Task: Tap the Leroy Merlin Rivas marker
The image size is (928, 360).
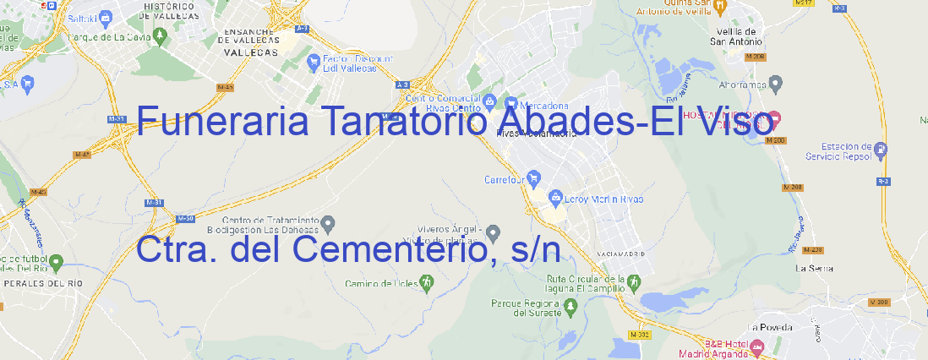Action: pyautogui.click(x=555, y=199)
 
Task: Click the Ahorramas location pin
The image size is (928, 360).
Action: pyautogui.click(x=777, y=83)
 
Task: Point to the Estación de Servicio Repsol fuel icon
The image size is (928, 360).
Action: pyautogui.click(x=881, y=151)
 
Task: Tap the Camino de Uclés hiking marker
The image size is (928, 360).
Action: pyautogui.click(x=425, y=282)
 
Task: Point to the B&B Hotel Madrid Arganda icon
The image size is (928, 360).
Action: pyautogui.click(x=757, y=345)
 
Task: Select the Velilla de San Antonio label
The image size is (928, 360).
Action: pyautogui.click(x=738, y=35)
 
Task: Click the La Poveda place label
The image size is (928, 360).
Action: pyautogui.click(x=770, y=326)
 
